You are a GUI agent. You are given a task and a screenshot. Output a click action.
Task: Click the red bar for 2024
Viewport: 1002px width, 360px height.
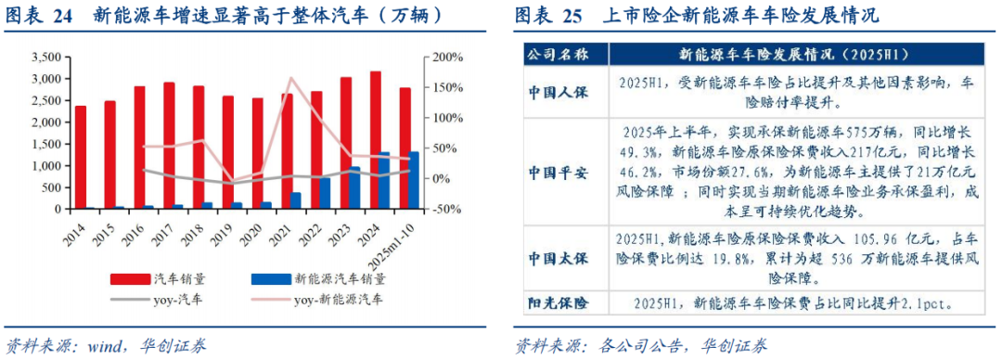tap(375, 139)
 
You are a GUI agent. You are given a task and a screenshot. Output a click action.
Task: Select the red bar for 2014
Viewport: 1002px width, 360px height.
tap(81, 157)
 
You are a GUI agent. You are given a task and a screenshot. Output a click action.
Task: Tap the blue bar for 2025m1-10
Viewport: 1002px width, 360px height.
tap(414, 180)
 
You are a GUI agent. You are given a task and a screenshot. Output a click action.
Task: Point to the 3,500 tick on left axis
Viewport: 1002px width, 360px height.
tap(44, 58)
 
